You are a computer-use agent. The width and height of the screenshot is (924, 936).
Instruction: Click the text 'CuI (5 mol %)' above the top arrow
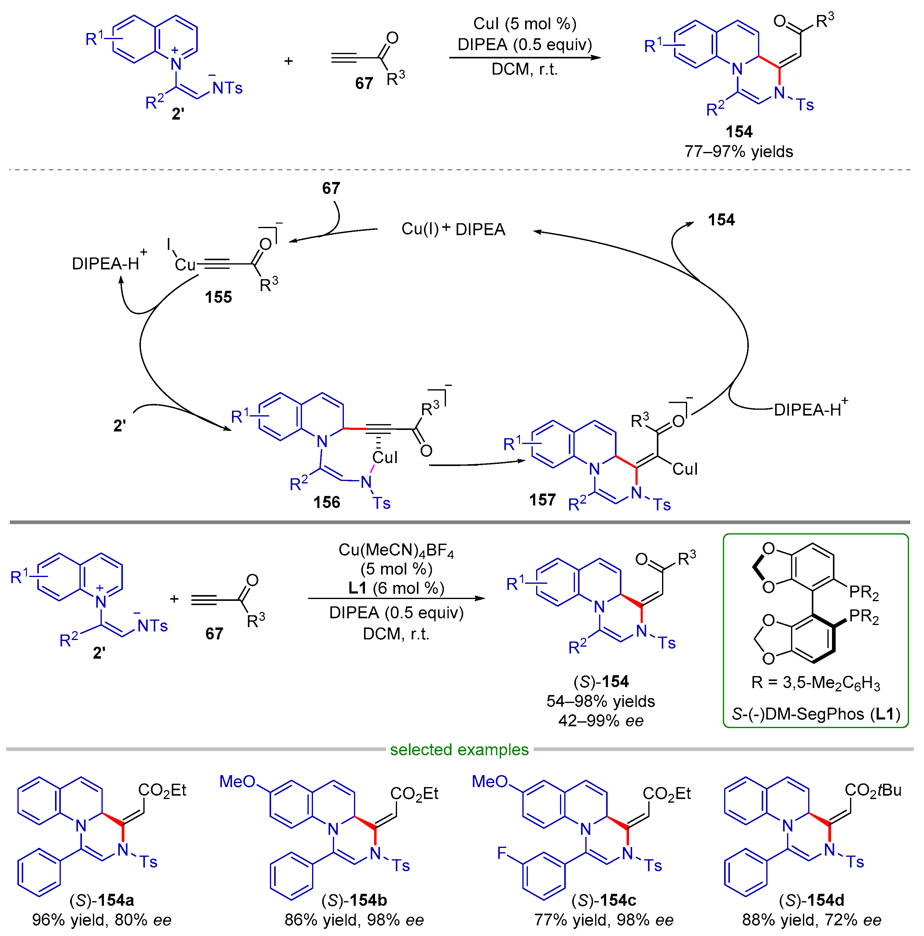click(x=525, y=24)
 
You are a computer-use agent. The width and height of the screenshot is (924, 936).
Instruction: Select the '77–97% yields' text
click(x=738, y=152)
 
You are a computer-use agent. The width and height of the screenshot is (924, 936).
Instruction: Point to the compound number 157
click(x=542, y=499)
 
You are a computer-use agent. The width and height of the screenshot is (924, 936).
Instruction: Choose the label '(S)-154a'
click(x=102, y=900)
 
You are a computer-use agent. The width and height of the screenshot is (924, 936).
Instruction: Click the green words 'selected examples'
click(x=459, y=749)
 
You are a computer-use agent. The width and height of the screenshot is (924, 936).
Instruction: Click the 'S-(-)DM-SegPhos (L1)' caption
click(x=815, y=714)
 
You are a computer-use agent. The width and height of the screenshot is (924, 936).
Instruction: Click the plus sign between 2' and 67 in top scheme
click(x=288, y=61)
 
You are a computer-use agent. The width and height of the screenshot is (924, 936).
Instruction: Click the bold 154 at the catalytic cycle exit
click(x=721, y=220)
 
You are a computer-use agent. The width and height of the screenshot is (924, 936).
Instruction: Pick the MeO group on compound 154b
click(x=237, y=781)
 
